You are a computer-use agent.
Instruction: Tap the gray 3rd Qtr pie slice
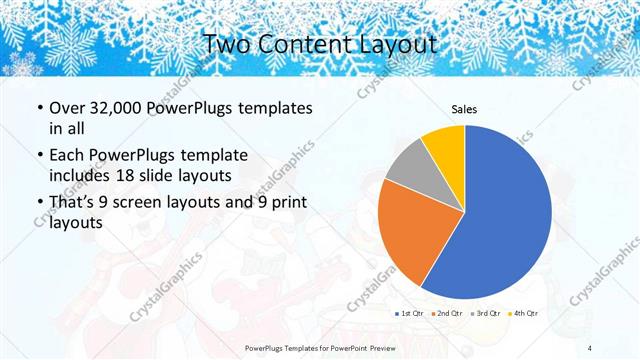point(408,165)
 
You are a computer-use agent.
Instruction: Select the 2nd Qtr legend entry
point(447,314)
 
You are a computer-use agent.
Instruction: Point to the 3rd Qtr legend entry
point(486,314)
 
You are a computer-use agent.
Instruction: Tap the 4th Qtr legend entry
point(524,314)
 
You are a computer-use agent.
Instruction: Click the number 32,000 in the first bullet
point(112,107)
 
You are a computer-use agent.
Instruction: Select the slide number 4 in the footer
point(591,347)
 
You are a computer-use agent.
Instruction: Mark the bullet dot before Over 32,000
point(39,108)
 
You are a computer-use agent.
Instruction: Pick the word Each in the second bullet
point(68,157)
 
